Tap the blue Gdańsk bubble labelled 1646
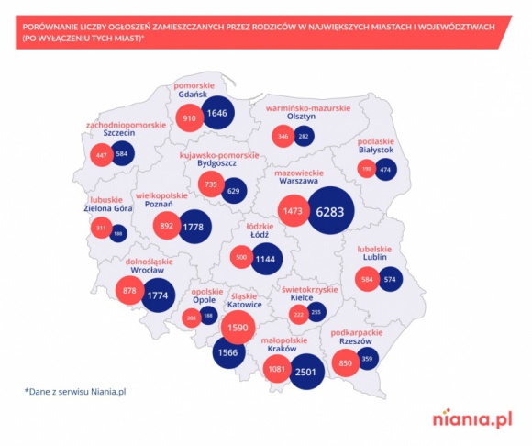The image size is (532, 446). (x=216, y=114)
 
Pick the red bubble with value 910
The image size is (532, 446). (x=190, y=118)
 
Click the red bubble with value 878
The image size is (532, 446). (x=127, y=292)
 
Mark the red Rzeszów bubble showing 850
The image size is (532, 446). (x=345, y=362)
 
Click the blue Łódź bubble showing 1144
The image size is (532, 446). (x=267, y=260)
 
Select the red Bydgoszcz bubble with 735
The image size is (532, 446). (x=212, y=185)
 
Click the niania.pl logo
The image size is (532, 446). (x=471, y=419)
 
